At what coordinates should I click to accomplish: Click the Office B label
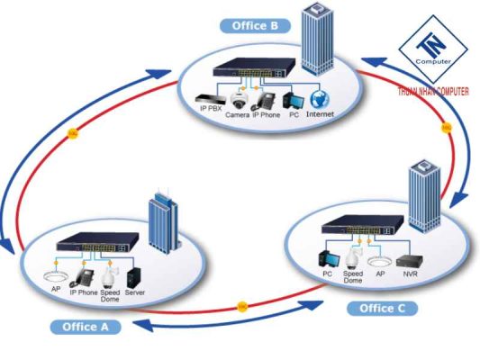[x=254, y=25]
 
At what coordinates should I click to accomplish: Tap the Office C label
[x=383, y=308]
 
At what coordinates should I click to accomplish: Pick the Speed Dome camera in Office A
[x=111, y=274]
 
